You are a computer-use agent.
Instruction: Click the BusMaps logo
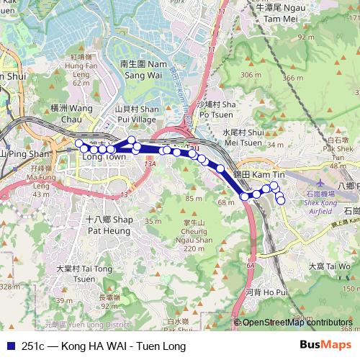[325, 345]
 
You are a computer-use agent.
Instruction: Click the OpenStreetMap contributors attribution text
[297, 323]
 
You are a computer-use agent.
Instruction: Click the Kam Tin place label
[250, 175]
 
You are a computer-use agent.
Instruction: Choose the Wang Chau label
[72, 113]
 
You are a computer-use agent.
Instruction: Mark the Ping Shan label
[24, 153]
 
